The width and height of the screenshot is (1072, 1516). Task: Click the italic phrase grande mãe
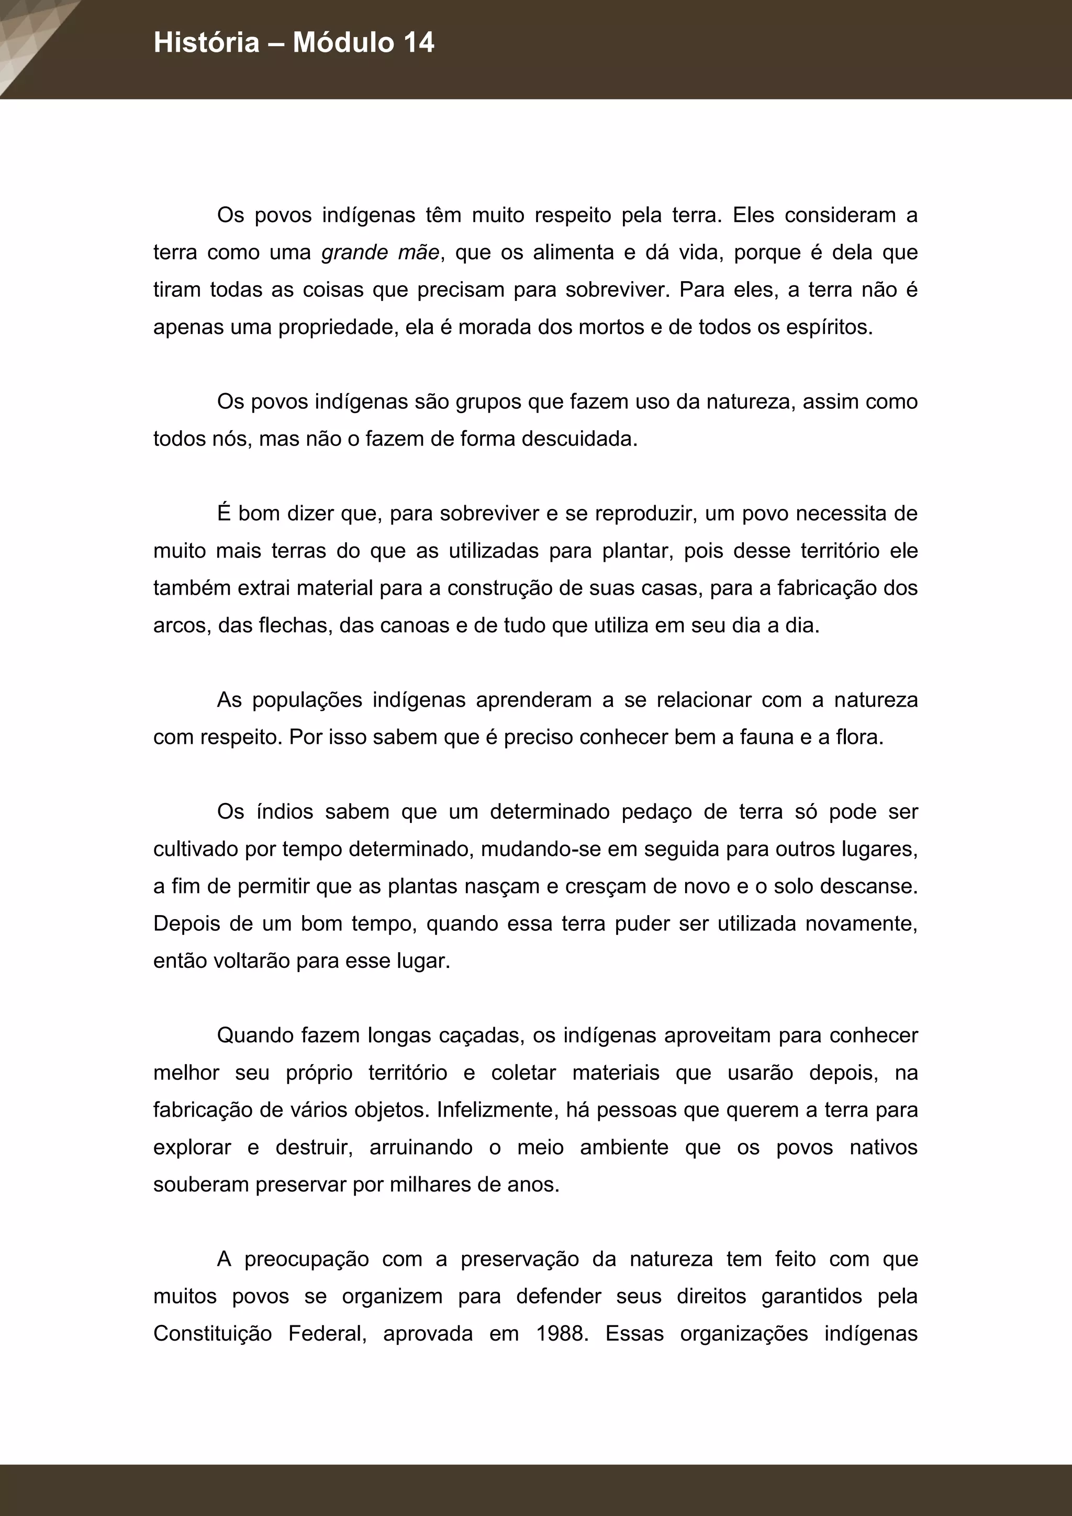380,252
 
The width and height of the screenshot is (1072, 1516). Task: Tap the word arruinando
420,1147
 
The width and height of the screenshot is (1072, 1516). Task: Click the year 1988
561,1334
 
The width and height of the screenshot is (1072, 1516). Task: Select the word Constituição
213,1334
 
